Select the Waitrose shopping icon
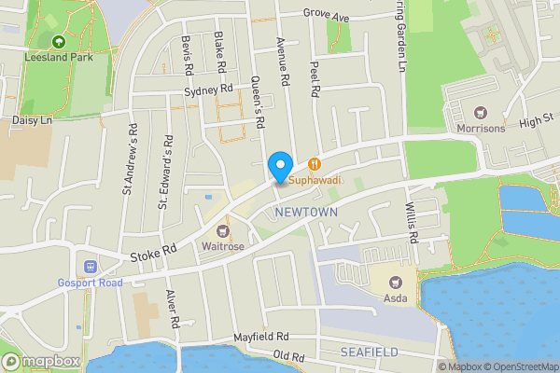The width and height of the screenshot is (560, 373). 223,230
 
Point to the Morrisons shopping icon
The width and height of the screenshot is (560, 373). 481,112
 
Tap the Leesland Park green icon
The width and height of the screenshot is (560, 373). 59,42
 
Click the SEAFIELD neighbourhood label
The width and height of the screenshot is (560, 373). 370,352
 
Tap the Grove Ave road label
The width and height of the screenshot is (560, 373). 326,16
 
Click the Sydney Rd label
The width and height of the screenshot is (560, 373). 208,90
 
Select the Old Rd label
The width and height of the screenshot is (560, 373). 289,356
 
